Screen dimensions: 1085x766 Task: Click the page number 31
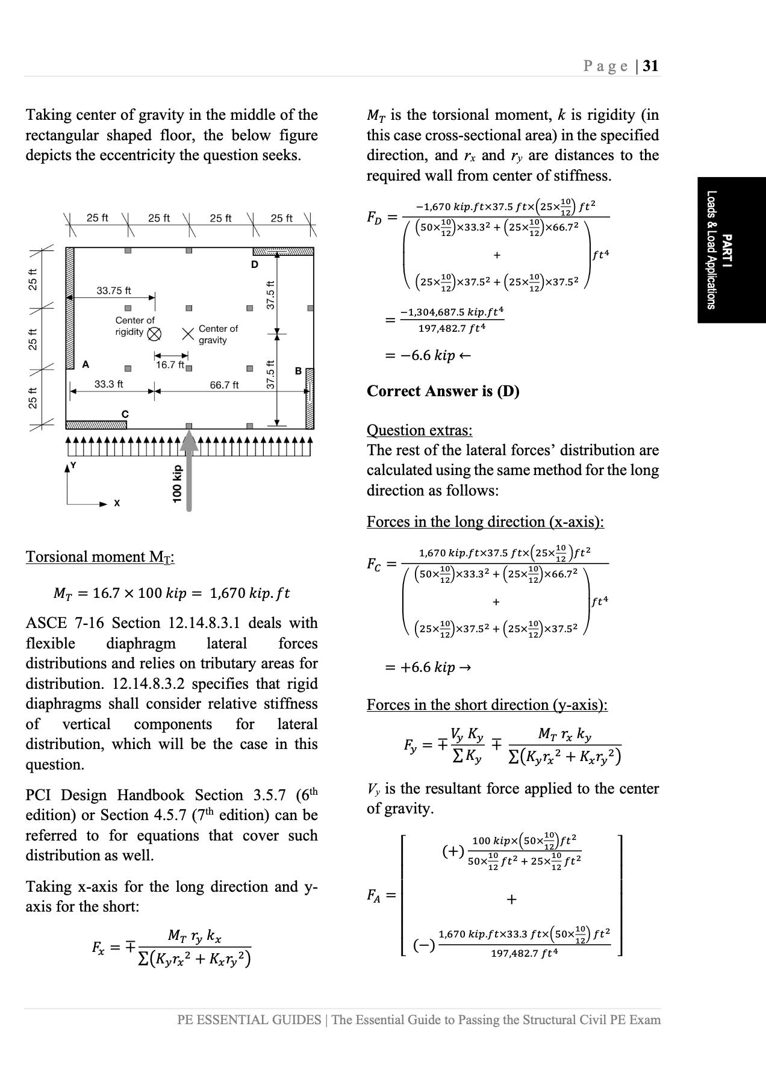(x=650, y=66)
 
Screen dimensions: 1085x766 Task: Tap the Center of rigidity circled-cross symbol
(x=154, y=334)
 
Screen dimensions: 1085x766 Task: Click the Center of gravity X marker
(x=188, y=334)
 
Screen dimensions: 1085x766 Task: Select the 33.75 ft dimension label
(x=114, y=291)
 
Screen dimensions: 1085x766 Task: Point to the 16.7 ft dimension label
(x=169, y=364)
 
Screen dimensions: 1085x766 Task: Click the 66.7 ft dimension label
(x=224, y=385)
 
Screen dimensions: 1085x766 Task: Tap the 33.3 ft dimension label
(x=109, y=384)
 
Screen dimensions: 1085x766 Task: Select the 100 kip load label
(x=176, y=483)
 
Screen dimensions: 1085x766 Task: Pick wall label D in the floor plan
(x=255, y=264)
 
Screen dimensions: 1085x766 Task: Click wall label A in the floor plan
(x=86, y=364)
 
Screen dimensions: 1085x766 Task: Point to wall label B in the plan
(x=298, y=372)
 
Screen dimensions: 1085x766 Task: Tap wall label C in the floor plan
(x=125, y=414)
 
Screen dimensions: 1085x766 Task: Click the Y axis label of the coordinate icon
(x=73, y=465)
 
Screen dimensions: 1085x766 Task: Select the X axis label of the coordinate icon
(x=117, y=503)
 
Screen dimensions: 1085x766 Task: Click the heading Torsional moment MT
(x=100, y=557)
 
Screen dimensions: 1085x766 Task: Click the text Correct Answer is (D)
(x=443, y=391)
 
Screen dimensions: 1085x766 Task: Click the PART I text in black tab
(x=726, y=250)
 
